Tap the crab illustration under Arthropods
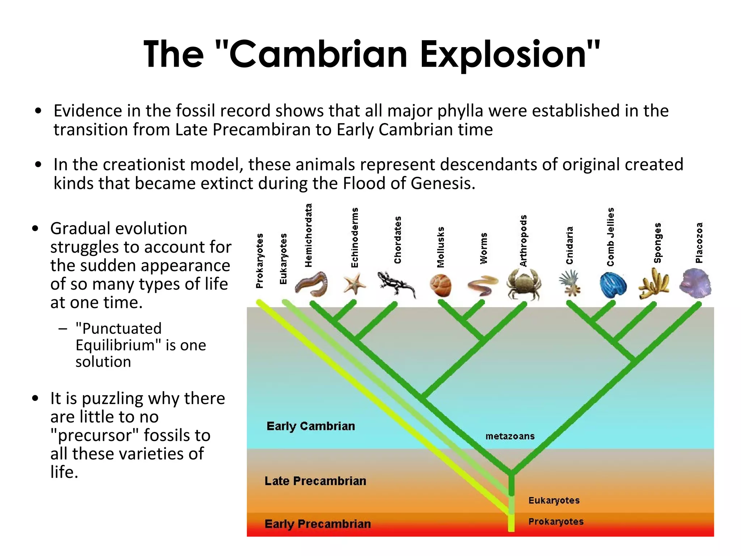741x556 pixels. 524,284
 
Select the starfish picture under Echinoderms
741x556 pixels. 354,284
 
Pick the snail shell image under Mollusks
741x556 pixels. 441,285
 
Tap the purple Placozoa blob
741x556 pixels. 695,283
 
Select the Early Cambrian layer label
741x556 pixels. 310,426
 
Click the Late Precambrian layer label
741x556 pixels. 315,481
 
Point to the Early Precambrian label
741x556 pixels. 318,524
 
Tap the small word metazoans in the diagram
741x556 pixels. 510,436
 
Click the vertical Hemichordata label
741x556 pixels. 308,235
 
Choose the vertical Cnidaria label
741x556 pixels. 569,245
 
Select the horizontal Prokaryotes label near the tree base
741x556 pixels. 556,522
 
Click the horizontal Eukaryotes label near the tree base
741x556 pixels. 554,500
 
